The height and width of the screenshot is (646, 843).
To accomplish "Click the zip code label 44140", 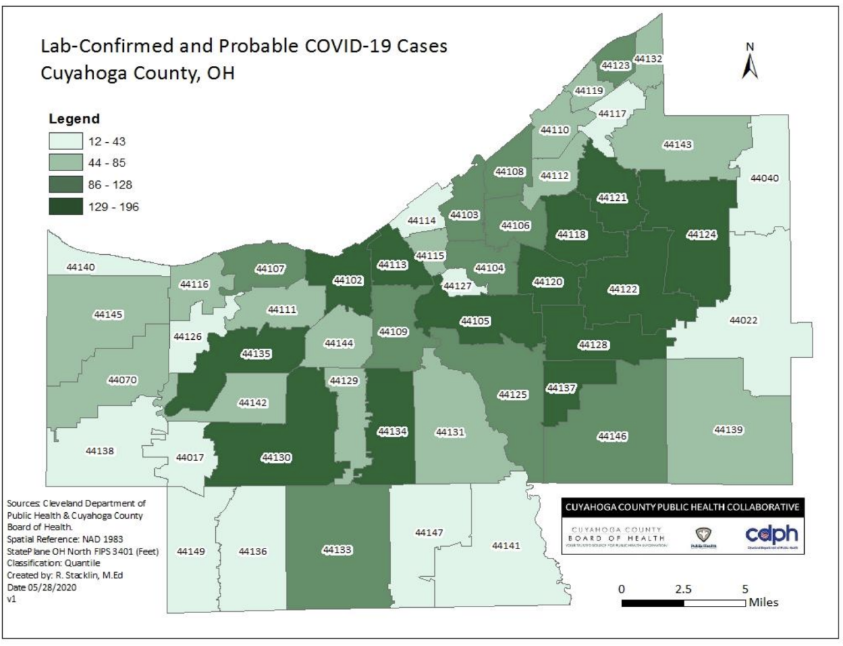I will (80, 267).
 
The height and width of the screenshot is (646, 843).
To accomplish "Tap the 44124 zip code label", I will (701, 234).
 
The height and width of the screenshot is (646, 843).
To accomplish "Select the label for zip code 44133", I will (337, 550).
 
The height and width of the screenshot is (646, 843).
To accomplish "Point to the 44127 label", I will (457, 286).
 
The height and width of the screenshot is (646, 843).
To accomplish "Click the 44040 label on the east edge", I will (764, 178).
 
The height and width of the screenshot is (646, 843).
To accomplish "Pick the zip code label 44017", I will (190, 457).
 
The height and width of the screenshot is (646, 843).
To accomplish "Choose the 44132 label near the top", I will (648, 59).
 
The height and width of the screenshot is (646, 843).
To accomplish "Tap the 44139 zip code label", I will (728, 430).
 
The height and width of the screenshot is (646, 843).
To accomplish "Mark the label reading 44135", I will (256, 354).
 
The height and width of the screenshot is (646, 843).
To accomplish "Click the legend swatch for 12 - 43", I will (65, 142).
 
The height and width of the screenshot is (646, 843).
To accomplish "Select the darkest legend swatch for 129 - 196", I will (65, 207).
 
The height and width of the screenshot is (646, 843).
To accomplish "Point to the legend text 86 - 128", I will (110, 185).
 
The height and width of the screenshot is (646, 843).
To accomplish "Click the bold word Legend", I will (74, 119).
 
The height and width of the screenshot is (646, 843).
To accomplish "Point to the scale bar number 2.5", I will (683, 589).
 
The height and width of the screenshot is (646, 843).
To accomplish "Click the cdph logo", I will (771, 534).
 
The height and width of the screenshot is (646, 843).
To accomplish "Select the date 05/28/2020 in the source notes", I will (52, 587).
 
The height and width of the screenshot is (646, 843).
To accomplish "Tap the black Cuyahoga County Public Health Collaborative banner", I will (682, 507).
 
